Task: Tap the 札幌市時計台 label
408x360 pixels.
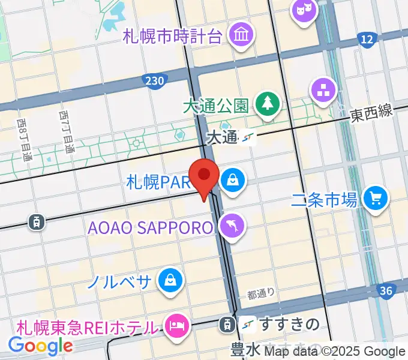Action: tap(173, 36)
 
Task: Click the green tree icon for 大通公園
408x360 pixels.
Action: tap(265, 104)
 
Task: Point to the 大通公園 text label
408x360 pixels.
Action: tap(215, 106)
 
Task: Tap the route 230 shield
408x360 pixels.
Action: tap(154, 80)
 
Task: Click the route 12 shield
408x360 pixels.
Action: tap(367, 40)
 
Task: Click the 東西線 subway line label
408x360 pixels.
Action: tap(371, 111)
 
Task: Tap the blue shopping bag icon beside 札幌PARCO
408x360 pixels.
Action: tap(231, 179)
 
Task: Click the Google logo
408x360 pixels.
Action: tap(40, 346)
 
